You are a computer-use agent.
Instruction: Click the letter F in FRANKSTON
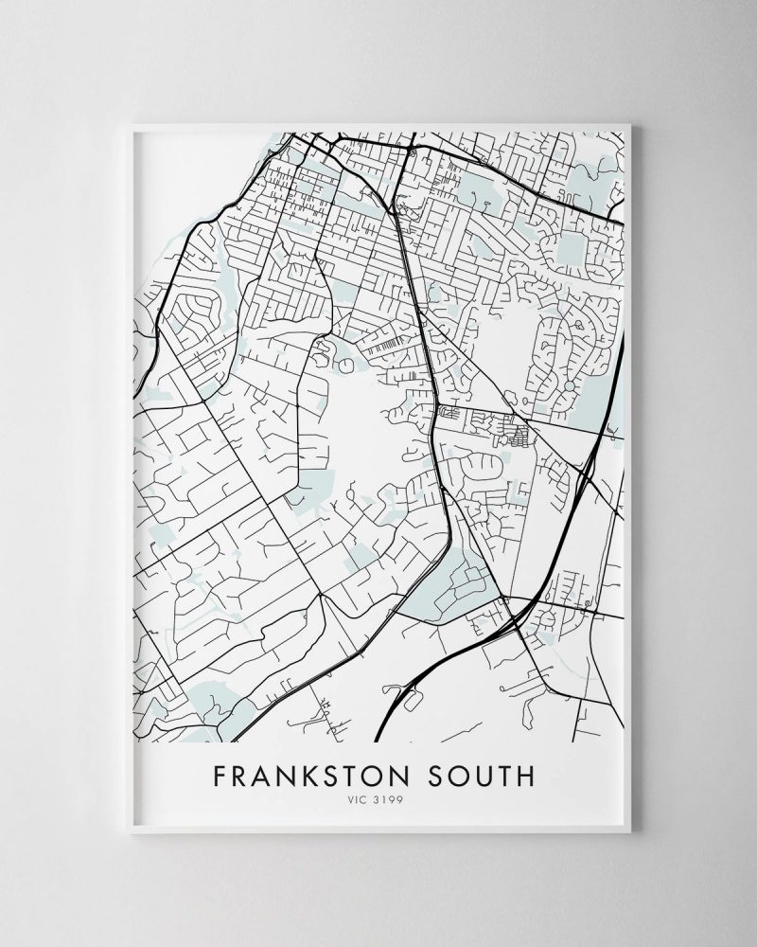(x=220, y=777)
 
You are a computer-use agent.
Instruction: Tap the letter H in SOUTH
(x=526, y=777)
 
